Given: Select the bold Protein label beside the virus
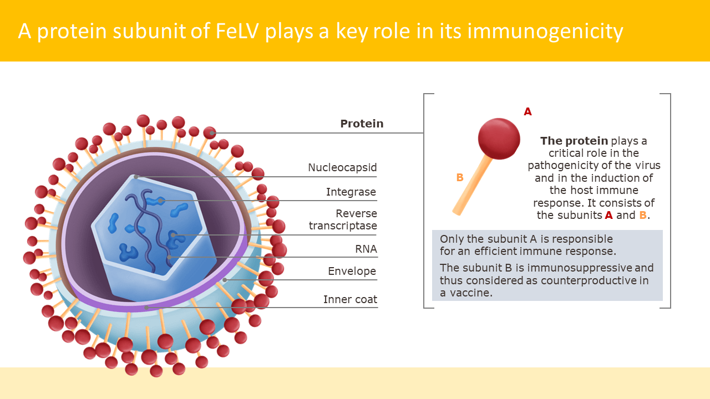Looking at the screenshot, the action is tap(362, 124).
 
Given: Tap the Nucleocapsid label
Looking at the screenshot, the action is tap(342, 167).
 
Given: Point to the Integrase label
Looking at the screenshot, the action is tap(351, 192).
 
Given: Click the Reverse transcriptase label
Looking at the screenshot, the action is tap(343, 219).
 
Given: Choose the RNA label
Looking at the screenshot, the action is tap(366, 249).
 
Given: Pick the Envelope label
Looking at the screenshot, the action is tap(352, 271).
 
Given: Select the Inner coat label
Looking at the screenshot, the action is tap(350, 299).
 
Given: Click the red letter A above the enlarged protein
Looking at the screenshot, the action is tap(528, 111).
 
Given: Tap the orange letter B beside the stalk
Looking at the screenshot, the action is tap(460, 177).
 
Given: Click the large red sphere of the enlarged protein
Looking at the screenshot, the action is tap(499, 139).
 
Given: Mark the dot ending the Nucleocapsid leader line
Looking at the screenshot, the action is tap(136, 177).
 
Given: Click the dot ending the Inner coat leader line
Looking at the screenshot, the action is tap(146, 307).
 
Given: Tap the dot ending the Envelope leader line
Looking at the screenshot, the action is tap(225, 280).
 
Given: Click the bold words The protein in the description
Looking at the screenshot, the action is tap(574, 141).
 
